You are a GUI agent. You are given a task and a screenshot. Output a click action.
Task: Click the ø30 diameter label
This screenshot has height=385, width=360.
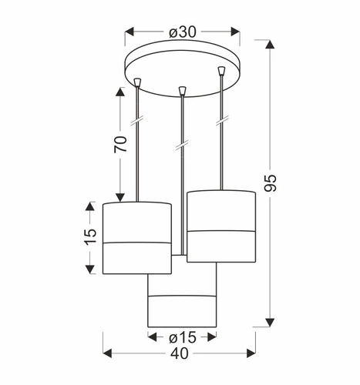(183, 32)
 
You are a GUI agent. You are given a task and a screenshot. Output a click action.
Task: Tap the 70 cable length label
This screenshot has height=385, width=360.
(121, 144)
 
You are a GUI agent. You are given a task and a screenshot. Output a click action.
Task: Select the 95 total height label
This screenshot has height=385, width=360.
(271, 183)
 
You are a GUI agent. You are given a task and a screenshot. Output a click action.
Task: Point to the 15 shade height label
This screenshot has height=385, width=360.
(90, 236)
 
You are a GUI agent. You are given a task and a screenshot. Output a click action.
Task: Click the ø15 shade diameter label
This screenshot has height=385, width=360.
(183, 337)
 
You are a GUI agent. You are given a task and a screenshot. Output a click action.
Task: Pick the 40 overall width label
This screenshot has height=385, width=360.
(179, 353)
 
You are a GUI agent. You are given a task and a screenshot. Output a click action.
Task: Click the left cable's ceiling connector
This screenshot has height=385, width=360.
(138, 82)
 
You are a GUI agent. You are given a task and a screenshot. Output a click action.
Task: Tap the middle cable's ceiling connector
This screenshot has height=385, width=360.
(182, 91)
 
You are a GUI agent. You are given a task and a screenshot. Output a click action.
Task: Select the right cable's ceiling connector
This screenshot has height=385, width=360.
(221, 71)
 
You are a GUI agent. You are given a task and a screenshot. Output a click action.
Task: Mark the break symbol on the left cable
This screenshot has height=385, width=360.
(137, 120)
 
